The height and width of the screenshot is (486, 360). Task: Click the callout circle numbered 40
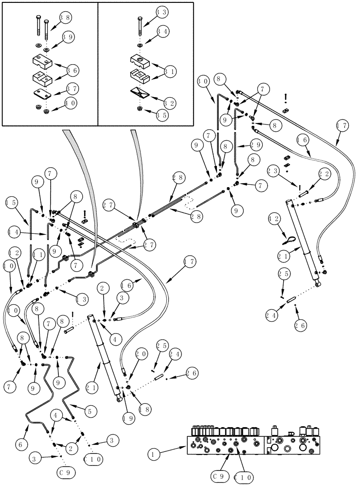coord(70,103)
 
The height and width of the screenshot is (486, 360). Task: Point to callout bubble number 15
coord(12,202)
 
